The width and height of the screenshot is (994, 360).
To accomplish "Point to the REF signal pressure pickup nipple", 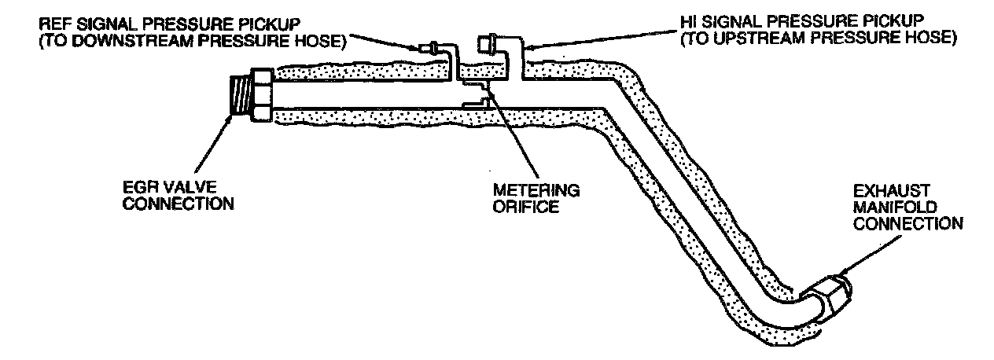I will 428,49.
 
